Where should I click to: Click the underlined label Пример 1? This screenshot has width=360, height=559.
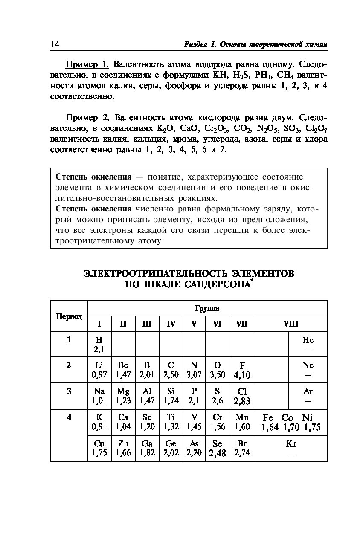tap(87, 64)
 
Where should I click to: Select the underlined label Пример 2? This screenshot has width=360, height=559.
tap(87, 118)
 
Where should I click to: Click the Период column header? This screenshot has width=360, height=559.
tap(69, 316)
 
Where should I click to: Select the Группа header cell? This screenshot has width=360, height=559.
tap(207, 308)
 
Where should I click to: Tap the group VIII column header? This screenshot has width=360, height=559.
tap(291, 324)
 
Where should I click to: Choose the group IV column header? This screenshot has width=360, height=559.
tap(171, 324)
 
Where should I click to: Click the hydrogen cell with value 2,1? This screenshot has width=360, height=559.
tap(99, 345)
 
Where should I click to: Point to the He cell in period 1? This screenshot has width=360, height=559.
tap(308, 345)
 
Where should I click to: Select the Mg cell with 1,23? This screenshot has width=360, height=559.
tap(123, 396)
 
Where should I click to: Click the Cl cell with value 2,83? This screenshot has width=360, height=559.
tap(242, 396)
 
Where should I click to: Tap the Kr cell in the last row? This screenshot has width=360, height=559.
tap(291, 448)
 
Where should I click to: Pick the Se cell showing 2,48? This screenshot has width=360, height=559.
tap(217, 448)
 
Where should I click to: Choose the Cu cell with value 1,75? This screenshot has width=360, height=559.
tap(99, 448)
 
